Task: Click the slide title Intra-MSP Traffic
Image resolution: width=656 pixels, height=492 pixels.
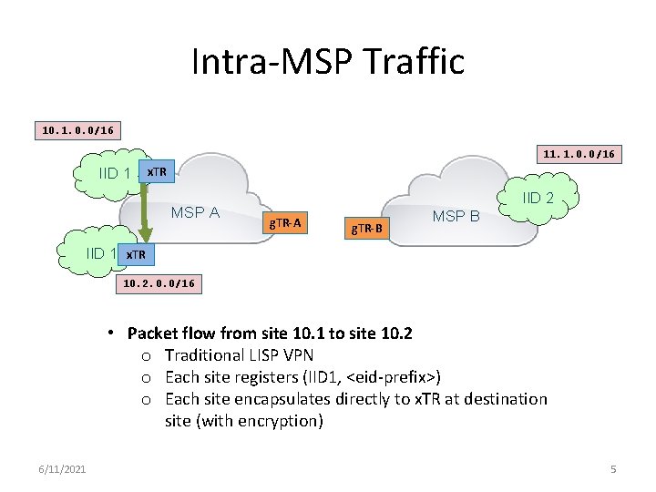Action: click(328, 62)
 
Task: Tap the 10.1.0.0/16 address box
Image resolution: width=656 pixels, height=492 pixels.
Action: click(77, 130)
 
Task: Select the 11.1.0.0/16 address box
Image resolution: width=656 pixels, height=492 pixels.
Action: click(579, 154)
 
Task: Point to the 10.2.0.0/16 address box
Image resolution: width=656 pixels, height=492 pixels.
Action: click(158, 284)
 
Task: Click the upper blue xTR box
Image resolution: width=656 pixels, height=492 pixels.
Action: click(156, 171)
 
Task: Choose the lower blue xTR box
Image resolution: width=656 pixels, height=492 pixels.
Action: click(135, 253)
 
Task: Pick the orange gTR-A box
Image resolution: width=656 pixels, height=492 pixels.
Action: click(286, 221)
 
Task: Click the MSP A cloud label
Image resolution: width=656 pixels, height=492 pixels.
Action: click(196, 212)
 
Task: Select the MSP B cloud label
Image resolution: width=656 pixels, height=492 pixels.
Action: click(456, 216)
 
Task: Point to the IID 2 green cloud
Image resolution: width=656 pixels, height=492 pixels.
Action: click(538, 199)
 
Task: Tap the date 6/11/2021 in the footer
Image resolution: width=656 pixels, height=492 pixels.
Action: click(64, 468)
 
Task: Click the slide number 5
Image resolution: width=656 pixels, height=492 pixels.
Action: click(613, 468)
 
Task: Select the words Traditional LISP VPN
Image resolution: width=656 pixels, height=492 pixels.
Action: click(239, 355)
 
